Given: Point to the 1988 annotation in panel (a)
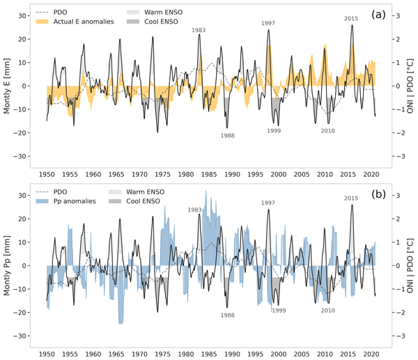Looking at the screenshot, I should point(227,135).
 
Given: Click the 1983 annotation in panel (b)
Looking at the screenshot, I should point(195,210).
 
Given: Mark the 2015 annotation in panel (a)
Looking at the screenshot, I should point(352,18).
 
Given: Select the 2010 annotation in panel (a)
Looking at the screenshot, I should point(327,131).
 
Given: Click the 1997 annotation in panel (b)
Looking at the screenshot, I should point(268,203).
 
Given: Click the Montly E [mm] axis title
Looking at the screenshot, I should point(8,86).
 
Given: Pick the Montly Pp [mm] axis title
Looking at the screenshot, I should point(8,266).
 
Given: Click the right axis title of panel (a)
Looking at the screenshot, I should point(410,86).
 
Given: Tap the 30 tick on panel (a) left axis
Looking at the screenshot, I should point(22,15).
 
